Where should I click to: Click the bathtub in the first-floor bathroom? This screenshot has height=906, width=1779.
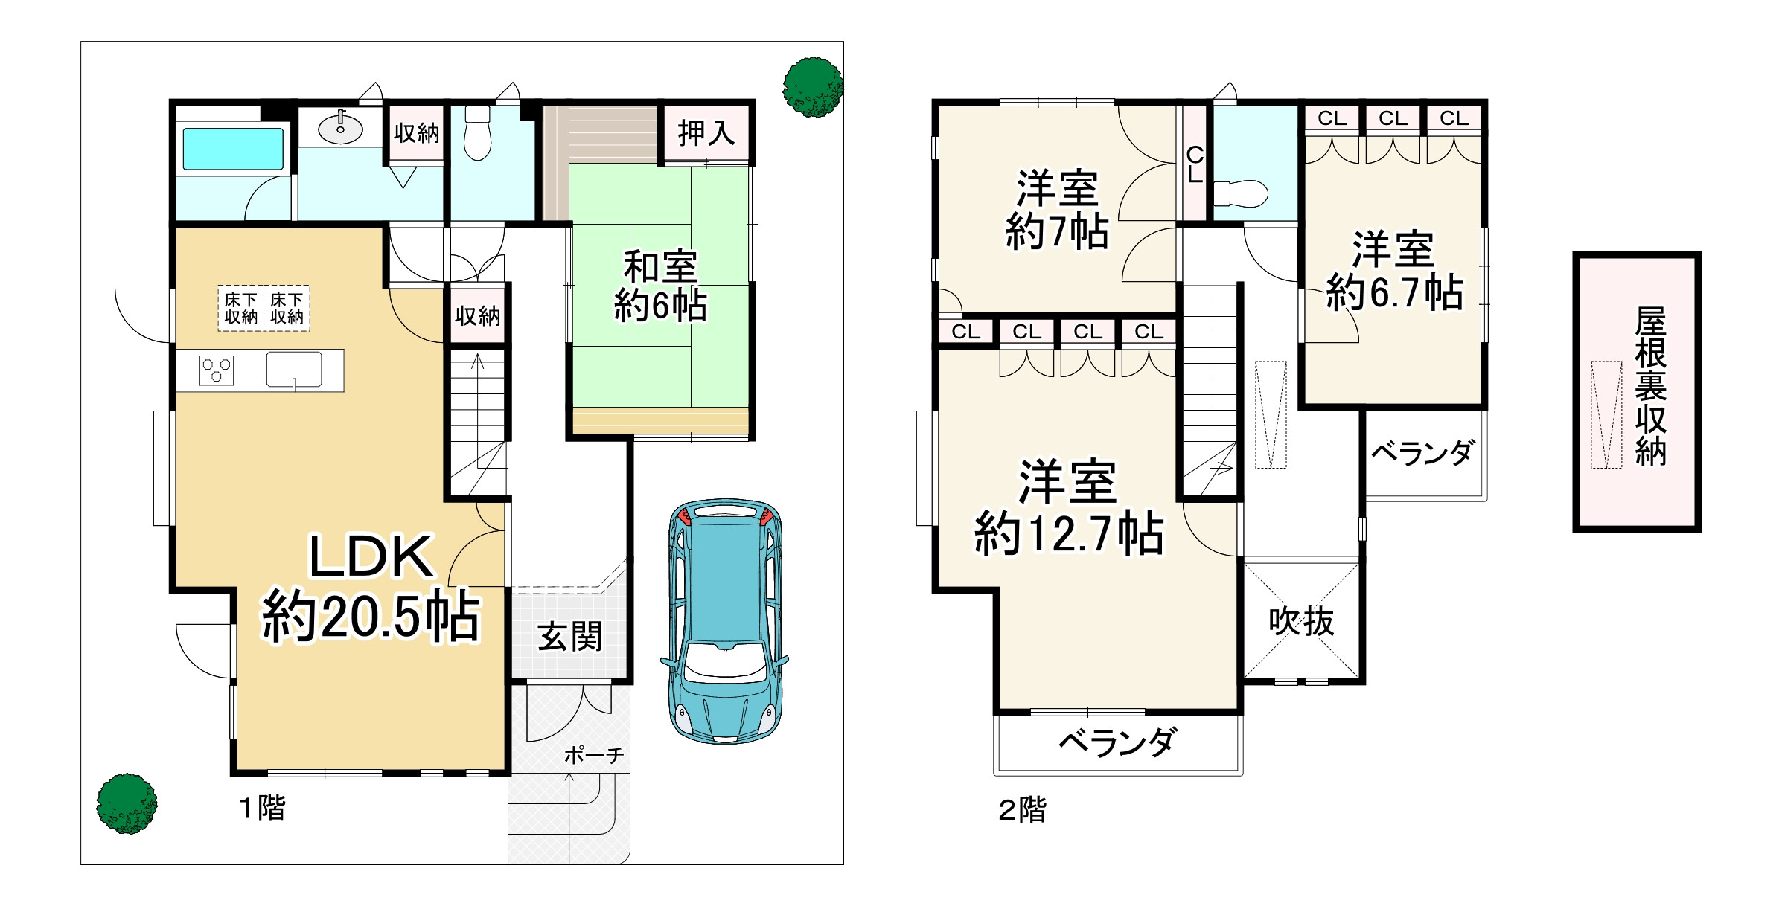233,149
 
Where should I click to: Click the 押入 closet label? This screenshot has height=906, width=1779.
706,134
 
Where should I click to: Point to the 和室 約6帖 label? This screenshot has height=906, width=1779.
660,286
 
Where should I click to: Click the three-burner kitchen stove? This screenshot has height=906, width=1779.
217,370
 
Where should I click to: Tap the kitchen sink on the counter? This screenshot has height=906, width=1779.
294,370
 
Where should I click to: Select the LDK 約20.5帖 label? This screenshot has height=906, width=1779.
371,588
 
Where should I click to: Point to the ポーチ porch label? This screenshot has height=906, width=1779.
593,756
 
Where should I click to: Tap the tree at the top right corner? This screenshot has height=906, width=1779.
812,87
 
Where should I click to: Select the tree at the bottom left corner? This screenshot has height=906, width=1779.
127,803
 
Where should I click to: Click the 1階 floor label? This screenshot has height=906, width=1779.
262,808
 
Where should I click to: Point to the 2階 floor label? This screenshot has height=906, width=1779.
1022,810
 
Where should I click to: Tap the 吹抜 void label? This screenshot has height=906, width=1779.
1301,621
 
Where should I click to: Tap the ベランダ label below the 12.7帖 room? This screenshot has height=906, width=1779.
1118,742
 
